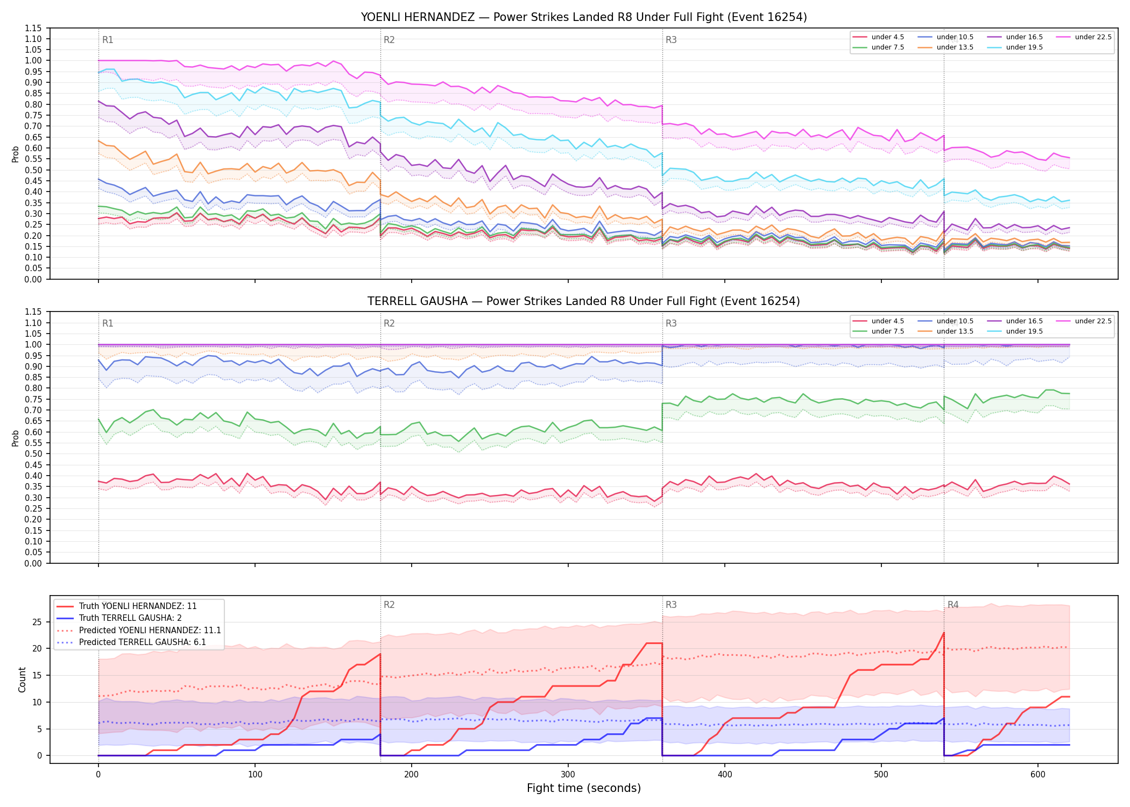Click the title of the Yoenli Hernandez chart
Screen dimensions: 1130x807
coord(584,17)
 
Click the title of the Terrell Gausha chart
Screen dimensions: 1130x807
coord(584,301)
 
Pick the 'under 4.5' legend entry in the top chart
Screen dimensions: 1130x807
coord(878,37)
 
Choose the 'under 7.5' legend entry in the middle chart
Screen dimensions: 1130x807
coord(878,331)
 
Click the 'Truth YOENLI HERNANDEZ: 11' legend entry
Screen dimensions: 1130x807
coord(127,606)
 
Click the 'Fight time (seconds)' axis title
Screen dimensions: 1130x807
coord(584,788)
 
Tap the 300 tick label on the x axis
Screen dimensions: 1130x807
coord(568,775)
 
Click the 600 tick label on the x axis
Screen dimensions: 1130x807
coord(1038,775)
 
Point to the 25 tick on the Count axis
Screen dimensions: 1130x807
coord(37,622)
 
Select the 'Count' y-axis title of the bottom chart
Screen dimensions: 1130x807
coord(23,679)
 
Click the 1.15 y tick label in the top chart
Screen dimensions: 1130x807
coord(33,28)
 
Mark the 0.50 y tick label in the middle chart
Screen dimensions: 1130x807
coord(33,454)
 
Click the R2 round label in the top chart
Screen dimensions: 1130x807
coord(389,40)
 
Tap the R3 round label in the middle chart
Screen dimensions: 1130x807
coord(671,323)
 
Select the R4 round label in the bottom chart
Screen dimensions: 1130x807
coord(953,605)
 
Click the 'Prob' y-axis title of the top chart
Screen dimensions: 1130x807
coord(16,154)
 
